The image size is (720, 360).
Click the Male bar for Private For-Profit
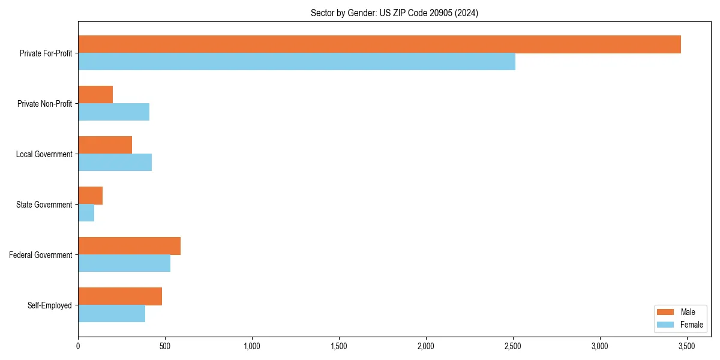pos(379,44)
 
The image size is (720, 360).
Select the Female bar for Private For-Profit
pos(296,62)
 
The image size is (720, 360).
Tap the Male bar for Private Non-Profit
pos(95,95)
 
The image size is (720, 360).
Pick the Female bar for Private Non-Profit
pos(113,112)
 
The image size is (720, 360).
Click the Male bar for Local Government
pos(105,145)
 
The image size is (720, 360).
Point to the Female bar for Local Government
pos(115,163)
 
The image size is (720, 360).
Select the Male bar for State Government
pos(90,196)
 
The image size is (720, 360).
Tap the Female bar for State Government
pos(86,213)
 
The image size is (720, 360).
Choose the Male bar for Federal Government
pos(129,246)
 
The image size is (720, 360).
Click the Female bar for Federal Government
pos(124,263)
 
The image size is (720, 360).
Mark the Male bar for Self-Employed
pos(120,296)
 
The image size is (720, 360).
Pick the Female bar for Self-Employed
pos(112,314)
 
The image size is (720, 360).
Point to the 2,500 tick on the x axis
pos(513,346)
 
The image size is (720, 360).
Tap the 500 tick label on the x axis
pos(165,346)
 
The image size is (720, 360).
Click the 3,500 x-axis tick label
pos(686,346)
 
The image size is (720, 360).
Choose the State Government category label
pos(44,205)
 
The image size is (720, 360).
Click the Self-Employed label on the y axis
pos(50,305)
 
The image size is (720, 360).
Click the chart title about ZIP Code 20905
pos(394,13)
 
